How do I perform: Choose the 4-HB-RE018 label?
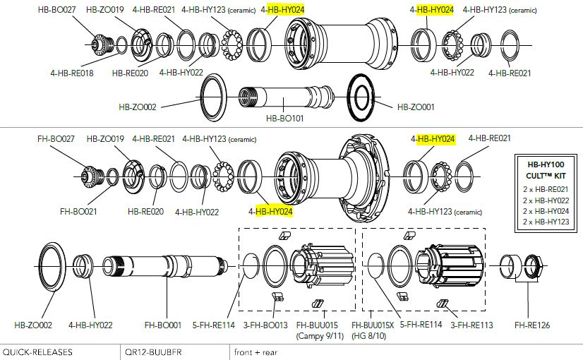click(72, 72)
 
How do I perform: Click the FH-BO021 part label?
click(78, 211)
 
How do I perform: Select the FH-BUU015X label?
click(374, 325)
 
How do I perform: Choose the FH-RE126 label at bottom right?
click(531, 325)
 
